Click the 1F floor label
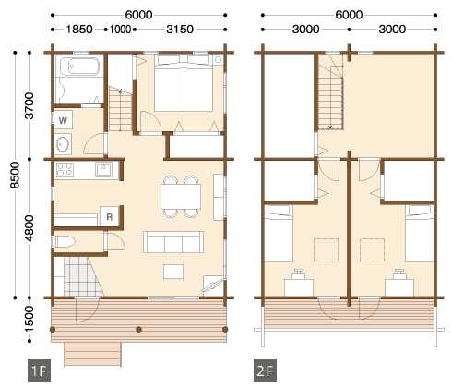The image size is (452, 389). coord(39,371)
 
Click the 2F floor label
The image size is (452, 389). coord(265,371)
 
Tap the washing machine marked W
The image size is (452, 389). coord(64,120)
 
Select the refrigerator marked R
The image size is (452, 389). coord(109,216)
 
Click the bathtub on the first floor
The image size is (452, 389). coord(80,66)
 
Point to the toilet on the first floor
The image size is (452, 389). coord(65,242)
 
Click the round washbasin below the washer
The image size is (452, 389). coord(63,144)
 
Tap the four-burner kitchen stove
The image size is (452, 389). coord(65,170)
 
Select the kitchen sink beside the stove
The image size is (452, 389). coord(104,170)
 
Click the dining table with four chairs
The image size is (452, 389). coord(181,197)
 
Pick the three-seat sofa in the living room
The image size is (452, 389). coord(173,242)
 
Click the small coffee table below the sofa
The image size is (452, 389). coord(173,272)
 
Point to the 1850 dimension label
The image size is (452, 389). coord(79,30)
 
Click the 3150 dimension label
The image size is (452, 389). coord(180,30)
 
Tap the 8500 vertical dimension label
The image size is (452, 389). coord(15,175)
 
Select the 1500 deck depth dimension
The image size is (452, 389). coord(30,319)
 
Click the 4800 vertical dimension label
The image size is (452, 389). coord(30,228)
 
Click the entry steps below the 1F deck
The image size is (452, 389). coord(92,354)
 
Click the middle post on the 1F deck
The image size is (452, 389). coord(139,330)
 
